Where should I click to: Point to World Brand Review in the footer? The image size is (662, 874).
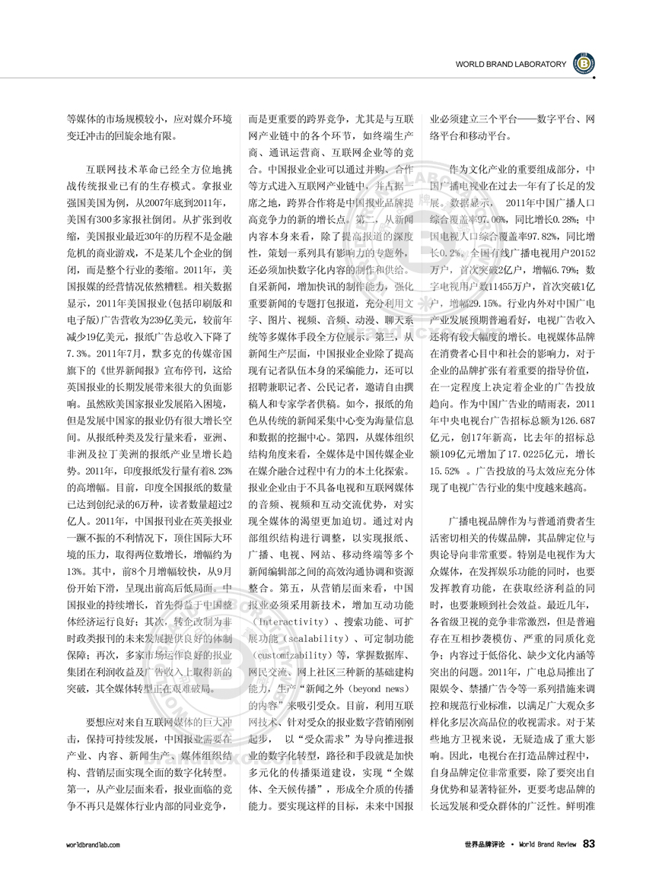click(x=548, y=844)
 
